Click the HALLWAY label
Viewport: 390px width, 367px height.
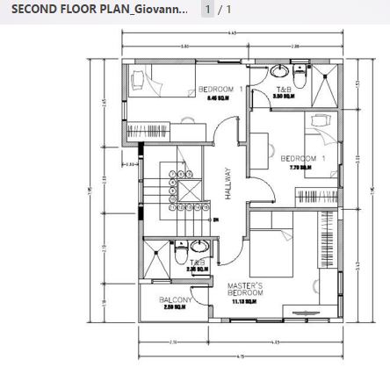point(227,185)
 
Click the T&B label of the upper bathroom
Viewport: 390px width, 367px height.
point(284,90)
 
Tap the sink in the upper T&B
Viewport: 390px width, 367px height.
point(280,71)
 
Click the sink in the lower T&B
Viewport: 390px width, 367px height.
point(200,247)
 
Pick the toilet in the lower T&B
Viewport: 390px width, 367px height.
point(179,261)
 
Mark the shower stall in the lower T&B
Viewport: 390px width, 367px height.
point(155,255)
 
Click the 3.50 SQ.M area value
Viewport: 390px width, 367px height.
point(283,97)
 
